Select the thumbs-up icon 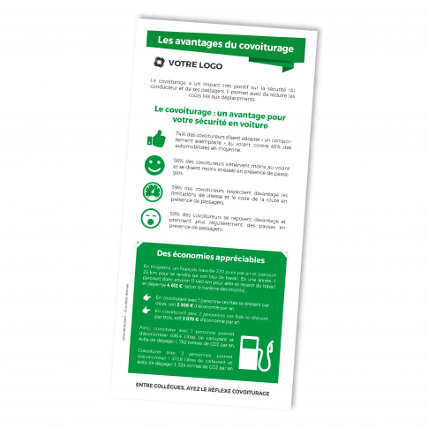tap(156, 139)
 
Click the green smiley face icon tap(154, 165)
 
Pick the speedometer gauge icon tap(152, 192)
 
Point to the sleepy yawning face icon tap(150, 220)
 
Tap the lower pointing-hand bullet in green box tap(146, 313)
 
